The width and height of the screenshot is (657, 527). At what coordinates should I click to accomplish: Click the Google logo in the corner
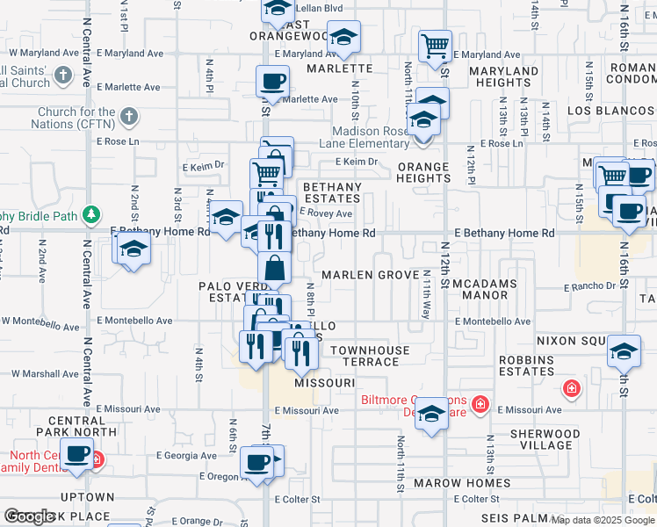tap(30, 516)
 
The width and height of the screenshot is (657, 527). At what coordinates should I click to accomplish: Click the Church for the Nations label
tap(76, 118)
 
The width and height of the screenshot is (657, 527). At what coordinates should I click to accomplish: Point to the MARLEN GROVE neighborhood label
tap(370, 275)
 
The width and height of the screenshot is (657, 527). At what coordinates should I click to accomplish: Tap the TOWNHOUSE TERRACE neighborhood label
tap(370, 356)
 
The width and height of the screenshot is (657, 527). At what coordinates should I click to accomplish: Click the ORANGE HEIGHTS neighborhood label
tap(423, 172)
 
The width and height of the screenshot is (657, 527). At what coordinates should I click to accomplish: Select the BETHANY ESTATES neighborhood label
tap(332, 193)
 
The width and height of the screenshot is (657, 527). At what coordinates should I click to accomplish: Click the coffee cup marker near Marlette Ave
tap(272, 81)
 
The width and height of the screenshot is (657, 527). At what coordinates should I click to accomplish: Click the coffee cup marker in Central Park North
tap(78, 454)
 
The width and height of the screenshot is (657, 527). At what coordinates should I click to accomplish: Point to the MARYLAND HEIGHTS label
tap(503, 76)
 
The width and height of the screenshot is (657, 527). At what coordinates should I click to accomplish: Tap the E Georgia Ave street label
tap(186, 456)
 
